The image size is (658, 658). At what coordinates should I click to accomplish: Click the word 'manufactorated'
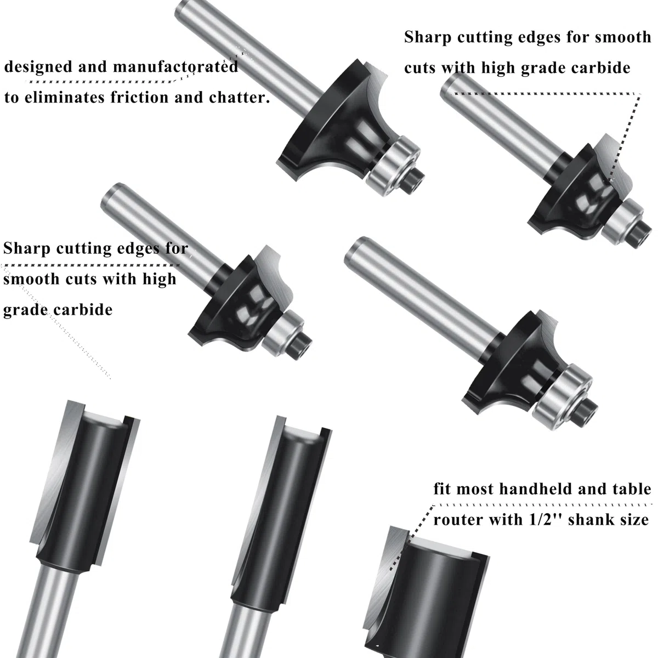(175, 67)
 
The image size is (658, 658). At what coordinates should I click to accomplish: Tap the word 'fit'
(442, 489)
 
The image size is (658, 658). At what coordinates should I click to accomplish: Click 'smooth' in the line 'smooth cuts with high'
(31, 279)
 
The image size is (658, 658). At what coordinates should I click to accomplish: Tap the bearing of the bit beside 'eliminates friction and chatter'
(393, 166)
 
